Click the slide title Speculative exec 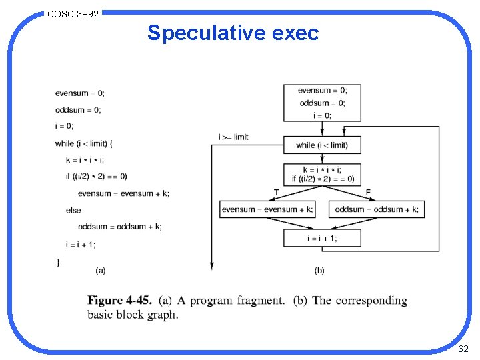pos(233,33)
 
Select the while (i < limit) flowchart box pos(322,145)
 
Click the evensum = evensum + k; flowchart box pos(267,209)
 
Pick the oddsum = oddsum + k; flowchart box pos(377,209)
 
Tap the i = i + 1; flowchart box pos(322,238)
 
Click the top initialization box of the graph pos(322,103)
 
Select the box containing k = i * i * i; pos(322,174)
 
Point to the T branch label pos(276,193)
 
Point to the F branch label pos(368,193)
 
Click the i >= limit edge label pos(233,137)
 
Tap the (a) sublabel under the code pos(101,270)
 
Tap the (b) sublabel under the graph pos(319,270)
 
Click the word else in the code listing pos(73,210)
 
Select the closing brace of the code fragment pos(58,262)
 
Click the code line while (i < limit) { pos(84,143)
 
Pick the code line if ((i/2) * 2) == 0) pos(97,177)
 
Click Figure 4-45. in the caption pos(120,301)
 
